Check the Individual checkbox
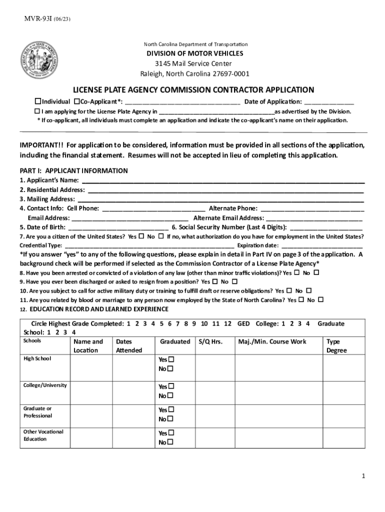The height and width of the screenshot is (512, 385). pos(37,101)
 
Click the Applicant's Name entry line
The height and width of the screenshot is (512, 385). pos(222,180)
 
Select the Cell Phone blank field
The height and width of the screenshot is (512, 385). pos(153,208)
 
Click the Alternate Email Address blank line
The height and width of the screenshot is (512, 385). pos(314,218)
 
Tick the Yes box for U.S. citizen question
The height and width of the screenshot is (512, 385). pos(141,236)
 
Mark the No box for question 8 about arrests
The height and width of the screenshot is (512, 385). pos(316,272)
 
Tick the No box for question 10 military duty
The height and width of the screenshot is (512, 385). pos(308,290)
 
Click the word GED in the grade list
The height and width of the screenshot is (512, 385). pos(243,324)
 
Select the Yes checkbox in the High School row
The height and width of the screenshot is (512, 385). pos(170,359)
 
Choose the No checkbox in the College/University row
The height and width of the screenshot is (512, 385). pos(170,395)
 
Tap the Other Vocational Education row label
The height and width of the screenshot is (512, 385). pos(43,435)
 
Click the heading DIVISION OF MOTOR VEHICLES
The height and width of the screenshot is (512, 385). pos(194,53)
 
